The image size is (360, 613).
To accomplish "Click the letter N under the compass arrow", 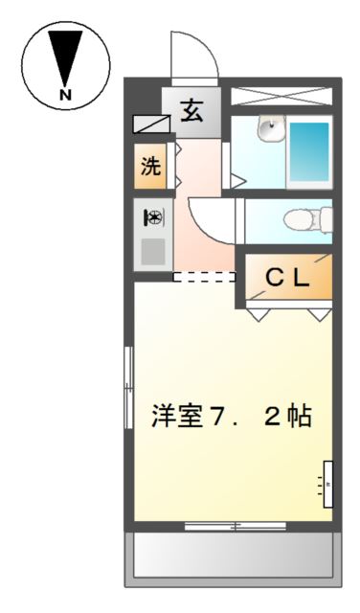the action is click(65, 95).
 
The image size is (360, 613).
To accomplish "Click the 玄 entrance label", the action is click(191, 111).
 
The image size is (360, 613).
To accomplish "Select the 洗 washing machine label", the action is click(151, 167).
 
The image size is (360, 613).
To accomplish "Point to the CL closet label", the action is click(287, 278).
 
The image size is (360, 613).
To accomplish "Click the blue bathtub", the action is click(309, 152).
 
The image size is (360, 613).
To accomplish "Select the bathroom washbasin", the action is click(271, 128).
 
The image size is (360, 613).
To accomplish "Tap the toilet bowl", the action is click(302, 220).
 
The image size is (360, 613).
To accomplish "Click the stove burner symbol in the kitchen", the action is click(153, 217).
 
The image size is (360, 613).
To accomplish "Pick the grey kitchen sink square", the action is click(153, 252).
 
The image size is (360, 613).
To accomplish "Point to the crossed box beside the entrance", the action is click(281, 97).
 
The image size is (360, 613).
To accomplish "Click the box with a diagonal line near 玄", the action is click(151, 124).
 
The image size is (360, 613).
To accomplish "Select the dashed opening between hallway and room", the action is click(204, 277).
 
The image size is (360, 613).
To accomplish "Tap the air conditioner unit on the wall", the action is click(328, 485).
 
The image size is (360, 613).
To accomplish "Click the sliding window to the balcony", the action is click(236, 527).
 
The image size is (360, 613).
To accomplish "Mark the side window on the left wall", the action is click(128, 387).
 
